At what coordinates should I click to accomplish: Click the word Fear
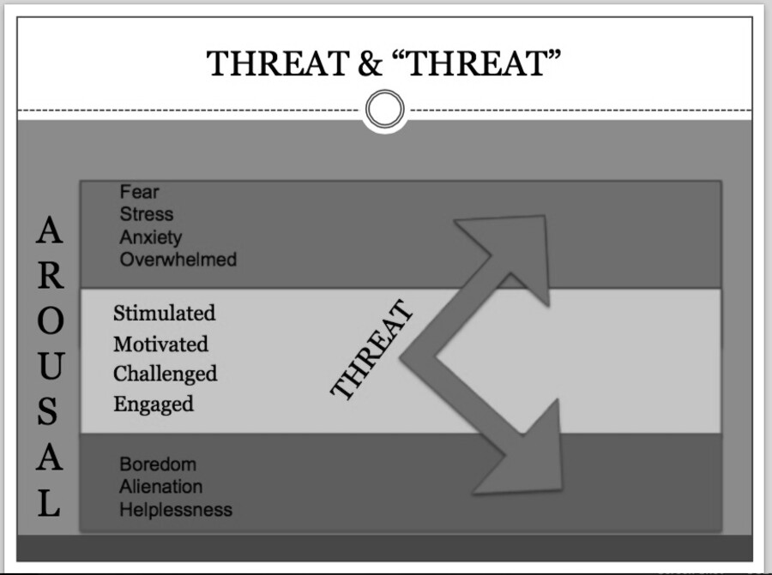(139, 191)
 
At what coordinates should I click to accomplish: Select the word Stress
(147, 214)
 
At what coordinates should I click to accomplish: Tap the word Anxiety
(151, 237)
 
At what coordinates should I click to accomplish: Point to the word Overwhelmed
(178, 259)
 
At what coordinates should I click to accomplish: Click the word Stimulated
(165, 313)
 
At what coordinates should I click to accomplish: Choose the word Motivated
(161, 344)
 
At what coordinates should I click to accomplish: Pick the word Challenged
(166, 374)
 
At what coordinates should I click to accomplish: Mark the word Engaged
(154, 404)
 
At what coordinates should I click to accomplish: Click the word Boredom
(158, 464)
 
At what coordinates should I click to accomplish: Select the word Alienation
(161, 487)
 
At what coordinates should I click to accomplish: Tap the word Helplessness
(176, 510)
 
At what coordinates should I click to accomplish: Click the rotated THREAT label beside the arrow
(371, 350)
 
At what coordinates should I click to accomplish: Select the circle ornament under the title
(385, 109)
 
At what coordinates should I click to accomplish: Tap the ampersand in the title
(370, 63)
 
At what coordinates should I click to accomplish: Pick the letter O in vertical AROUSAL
(51, 320)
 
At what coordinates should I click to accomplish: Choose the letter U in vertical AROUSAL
(51, 367)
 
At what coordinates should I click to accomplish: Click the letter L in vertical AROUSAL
(49, 503)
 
